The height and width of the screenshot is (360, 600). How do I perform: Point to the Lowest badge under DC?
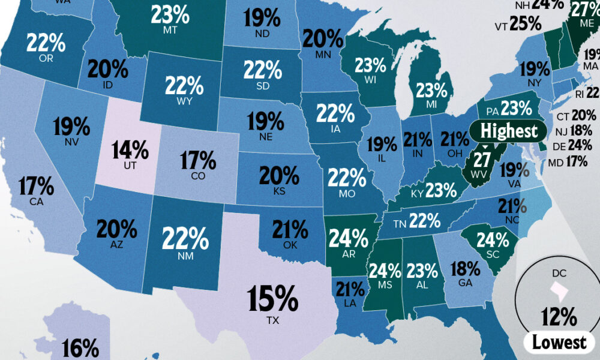click(x=560, y=343)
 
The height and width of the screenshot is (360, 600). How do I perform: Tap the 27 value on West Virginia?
click(x=482, y=160)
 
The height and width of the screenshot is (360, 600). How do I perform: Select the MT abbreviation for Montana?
click(x=167, y=29)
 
